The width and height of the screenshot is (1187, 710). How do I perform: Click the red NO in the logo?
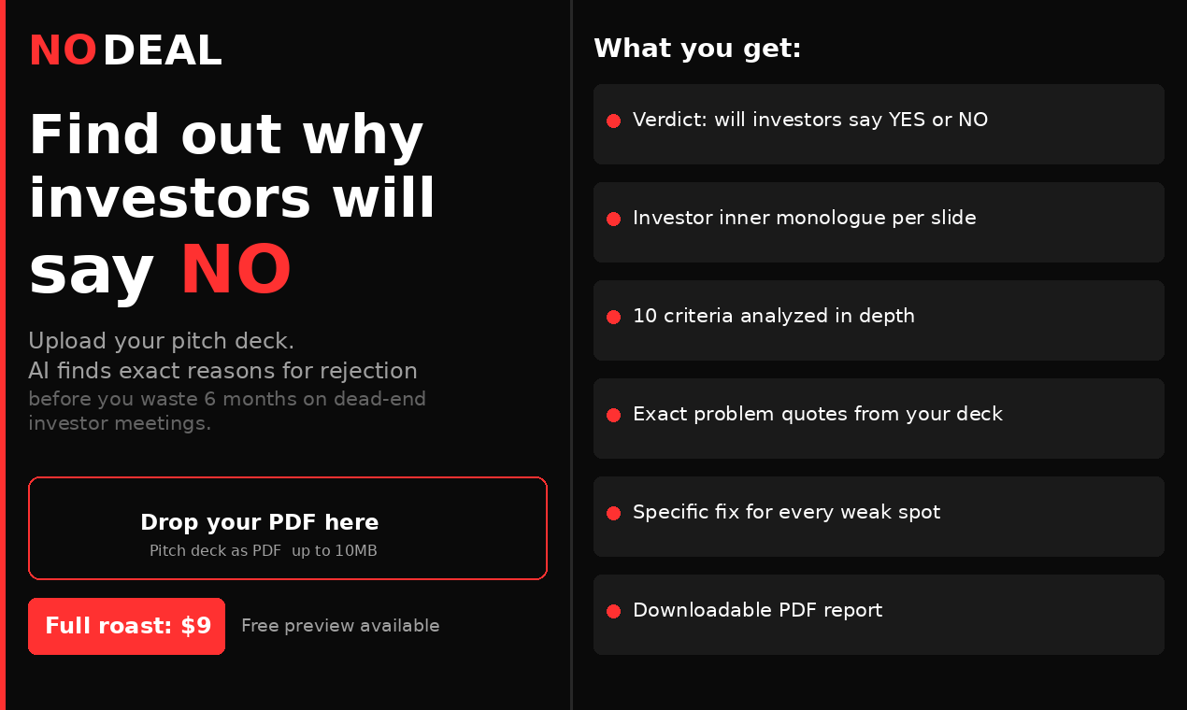pos(63,51)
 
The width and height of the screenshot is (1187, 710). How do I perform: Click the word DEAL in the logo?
pos(162,51)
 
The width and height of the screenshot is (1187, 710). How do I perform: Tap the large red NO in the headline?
pos(236,270)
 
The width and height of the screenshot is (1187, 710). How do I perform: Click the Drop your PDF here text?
pos(260,522)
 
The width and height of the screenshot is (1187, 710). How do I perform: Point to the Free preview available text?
pos(340,626)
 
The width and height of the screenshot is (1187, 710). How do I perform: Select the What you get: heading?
pos(697,49)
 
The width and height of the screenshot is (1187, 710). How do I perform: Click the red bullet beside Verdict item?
pos(613,121)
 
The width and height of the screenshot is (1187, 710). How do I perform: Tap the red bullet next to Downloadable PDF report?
pos(613,611)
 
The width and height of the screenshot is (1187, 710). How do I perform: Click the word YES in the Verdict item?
pos(907,120)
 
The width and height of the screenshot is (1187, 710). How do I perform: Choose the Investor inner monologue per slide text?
pos(804,218)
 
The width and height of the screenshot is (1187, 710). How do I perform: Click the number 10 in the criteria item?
pos(645,316)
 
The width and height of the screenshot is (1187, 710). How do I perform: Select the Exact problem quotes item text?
pos(817,414)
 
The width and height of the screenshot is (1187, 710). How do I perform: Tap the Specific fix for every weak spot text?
pos(786,512)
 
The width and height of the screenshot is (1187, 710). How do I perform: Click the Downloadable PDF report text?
pos(757,610)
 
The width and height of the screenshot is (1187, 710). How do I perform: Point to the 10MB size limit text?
pos(356,551)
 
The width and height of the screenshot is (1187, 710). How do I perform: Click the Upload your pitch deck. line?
pos(161,341)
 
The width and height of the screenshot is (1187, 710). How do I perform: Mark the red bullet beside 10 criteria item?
pos(613,317)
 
